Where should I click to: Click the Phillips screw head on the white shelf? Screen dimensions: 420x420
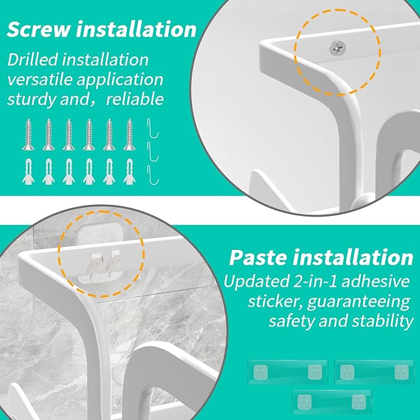[x=337, y=48]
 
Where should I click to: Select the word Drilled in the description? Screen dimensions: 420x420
[x=32, y=59]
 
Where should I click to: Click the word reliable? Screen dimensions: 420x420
[x=135, y=99]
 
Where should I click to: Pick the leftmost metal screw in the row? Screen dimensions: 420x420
[x=28, y=134]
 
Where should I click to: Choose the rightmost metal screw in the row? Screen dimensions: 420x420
[x=129, y=134]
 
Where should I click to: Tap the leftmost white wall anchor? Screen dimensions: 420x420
[x=28, y=171]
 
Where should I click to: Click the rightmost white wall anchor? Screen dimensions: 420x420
[x=129, y=171]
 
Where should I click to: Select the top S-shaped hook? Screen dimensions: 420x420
[x=153, y=128]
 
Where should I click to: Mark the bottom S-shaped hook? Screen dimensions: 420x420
[x=153, y=175]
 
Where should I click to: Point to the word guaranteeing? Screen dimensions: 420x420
[x=359, y=302]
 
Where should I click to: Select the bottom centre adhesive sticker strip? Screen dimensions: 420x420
[x=332, y=402]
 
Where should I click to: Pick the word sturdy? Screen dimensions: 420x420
[x=32, y=99]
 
